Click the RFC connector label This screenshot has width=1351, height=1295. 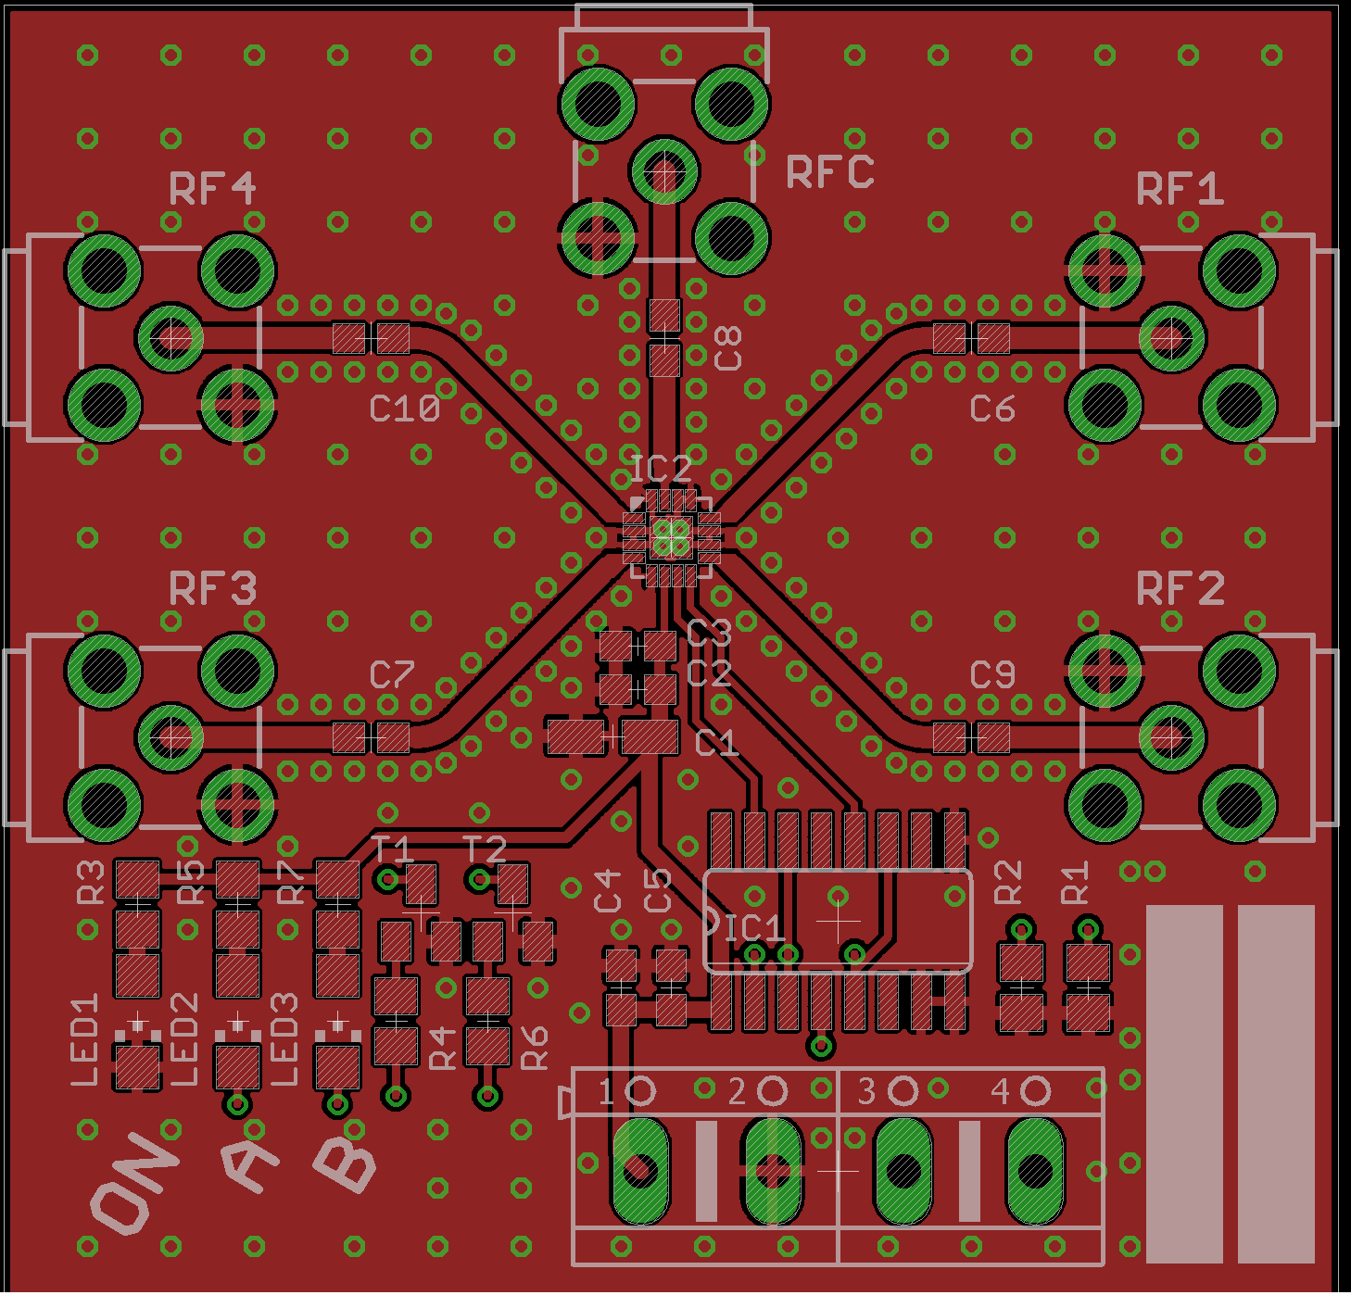829,171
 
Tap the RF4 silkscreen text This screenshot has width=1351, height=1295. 212,188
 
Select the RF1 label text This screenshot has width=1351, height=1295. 1180,188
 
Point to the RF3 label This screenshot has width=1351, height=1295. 212,588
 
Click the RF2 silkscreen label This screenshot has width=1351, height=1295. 1181,588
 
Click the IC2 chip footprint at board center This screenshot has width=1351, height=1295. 672,537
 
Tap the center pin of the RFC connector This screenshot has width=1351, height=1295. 664,170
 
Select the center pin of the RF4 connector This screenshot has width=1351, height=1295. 170,337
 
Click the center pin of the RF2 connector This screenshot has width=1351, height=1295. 1172,736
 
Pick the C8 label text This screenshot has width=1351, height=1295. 727,348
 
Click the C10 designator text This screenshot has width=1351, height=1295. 405,409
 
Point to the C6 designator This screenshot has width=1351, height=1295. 992,409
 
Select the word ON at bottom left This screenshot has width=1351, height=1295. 134,1182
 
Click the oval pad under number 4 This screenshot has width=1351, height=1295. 1035,1171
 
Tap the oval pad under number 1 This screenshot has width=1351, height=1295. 640,1171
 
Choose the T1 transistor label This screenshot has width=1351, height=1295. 393,849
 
